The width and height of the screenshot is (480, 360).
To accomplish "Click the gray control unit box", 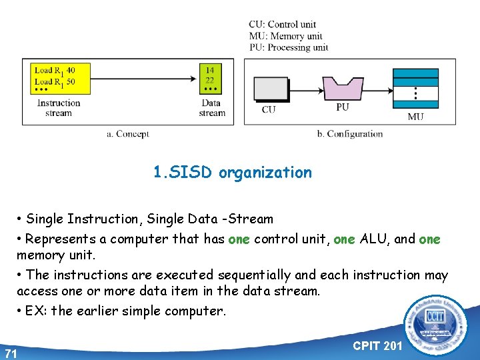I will point(270,89).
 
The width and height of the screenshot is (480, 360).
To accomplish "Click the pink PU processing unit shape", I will point(343,88).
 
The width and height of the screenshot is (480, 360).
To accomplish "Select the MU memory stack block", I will point(415,87).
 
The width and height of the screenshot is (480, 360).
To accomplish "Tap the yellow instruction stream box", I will point(61,79).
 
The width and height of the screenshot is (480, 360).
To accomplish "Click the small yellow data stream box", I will point(210,79).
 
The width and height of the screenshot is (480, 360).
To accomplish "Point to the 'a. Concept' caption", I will point(128,134).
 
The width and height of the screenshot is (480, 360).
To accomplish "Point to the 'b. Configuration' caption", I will point(350,134).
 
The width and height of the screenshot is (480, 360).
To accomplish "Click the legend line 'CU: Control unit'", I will point(283,25).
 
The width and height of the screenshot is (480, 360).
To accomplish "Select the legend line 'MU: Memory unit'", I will point(285,36).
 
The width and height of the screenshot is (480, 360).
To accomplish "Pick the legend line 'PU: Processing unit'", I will point(289,47).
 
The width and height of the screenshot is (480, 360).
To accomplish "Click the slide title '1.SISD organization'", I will point(232,173).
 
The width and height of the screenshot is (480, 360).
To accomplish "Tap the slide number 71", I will point(10,353).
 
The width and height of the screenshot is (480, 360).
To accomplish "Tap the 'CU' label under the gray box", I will point(269,109).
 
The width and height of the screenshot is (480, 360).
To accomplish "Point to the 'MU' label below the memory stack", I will point(415,117).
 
